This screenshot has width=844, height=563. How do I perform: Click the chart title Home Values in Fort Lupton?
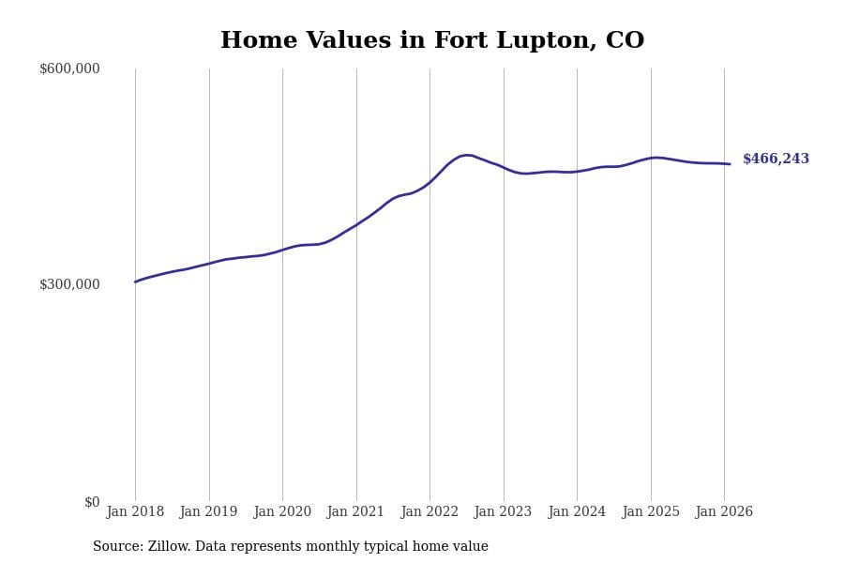click(432, 41)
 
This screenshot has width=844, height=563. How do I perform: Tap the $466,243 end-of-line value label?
click(776, 160)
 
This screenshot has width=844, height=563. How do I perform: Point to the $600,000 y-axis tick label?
click(69, 68)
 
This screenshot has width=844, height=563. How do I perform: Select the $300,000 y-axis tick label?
click(69, 284)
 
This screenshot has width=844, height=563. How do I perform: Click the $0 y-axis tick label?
click(92, 502)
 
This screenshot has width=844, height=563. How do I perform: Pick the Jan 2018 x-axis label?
click(135, 512)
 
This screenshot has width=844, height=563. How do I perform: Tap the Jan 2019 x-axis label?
click(209, 512)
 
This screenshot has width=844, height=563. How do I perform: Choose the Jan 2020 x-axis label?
click(282, 512)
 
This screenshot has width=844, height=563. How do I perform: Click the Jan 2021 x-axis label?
click(356, 512)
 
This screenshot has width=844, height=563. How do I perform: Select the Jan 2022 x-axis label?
click(430, 512)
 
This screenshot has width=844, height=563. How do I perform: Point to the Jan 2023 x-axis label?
click(504, 512)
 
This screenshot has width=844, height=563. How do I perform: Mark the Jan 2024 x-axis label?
click(577, 512)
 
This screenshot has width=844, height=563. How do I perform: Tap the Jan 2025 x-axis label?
click(651, 512)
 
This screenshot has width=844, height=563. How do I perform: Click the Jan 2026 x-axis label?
click(724, 512)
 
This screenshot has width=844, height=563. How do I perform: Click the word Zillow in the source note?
click(170, 547)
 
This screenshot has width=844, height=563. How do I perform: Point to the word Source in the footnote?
click(116, 547)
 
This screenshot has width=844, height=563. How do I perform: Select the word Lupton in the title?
click(546, 42)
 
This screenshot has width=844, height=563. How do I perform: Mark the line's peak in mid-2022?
click(467, 155)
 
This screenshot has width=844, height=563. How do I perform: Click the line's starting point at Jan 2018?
click(135, 281)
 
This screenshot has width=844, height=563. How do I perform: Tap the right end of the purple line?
click(730, 164)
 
